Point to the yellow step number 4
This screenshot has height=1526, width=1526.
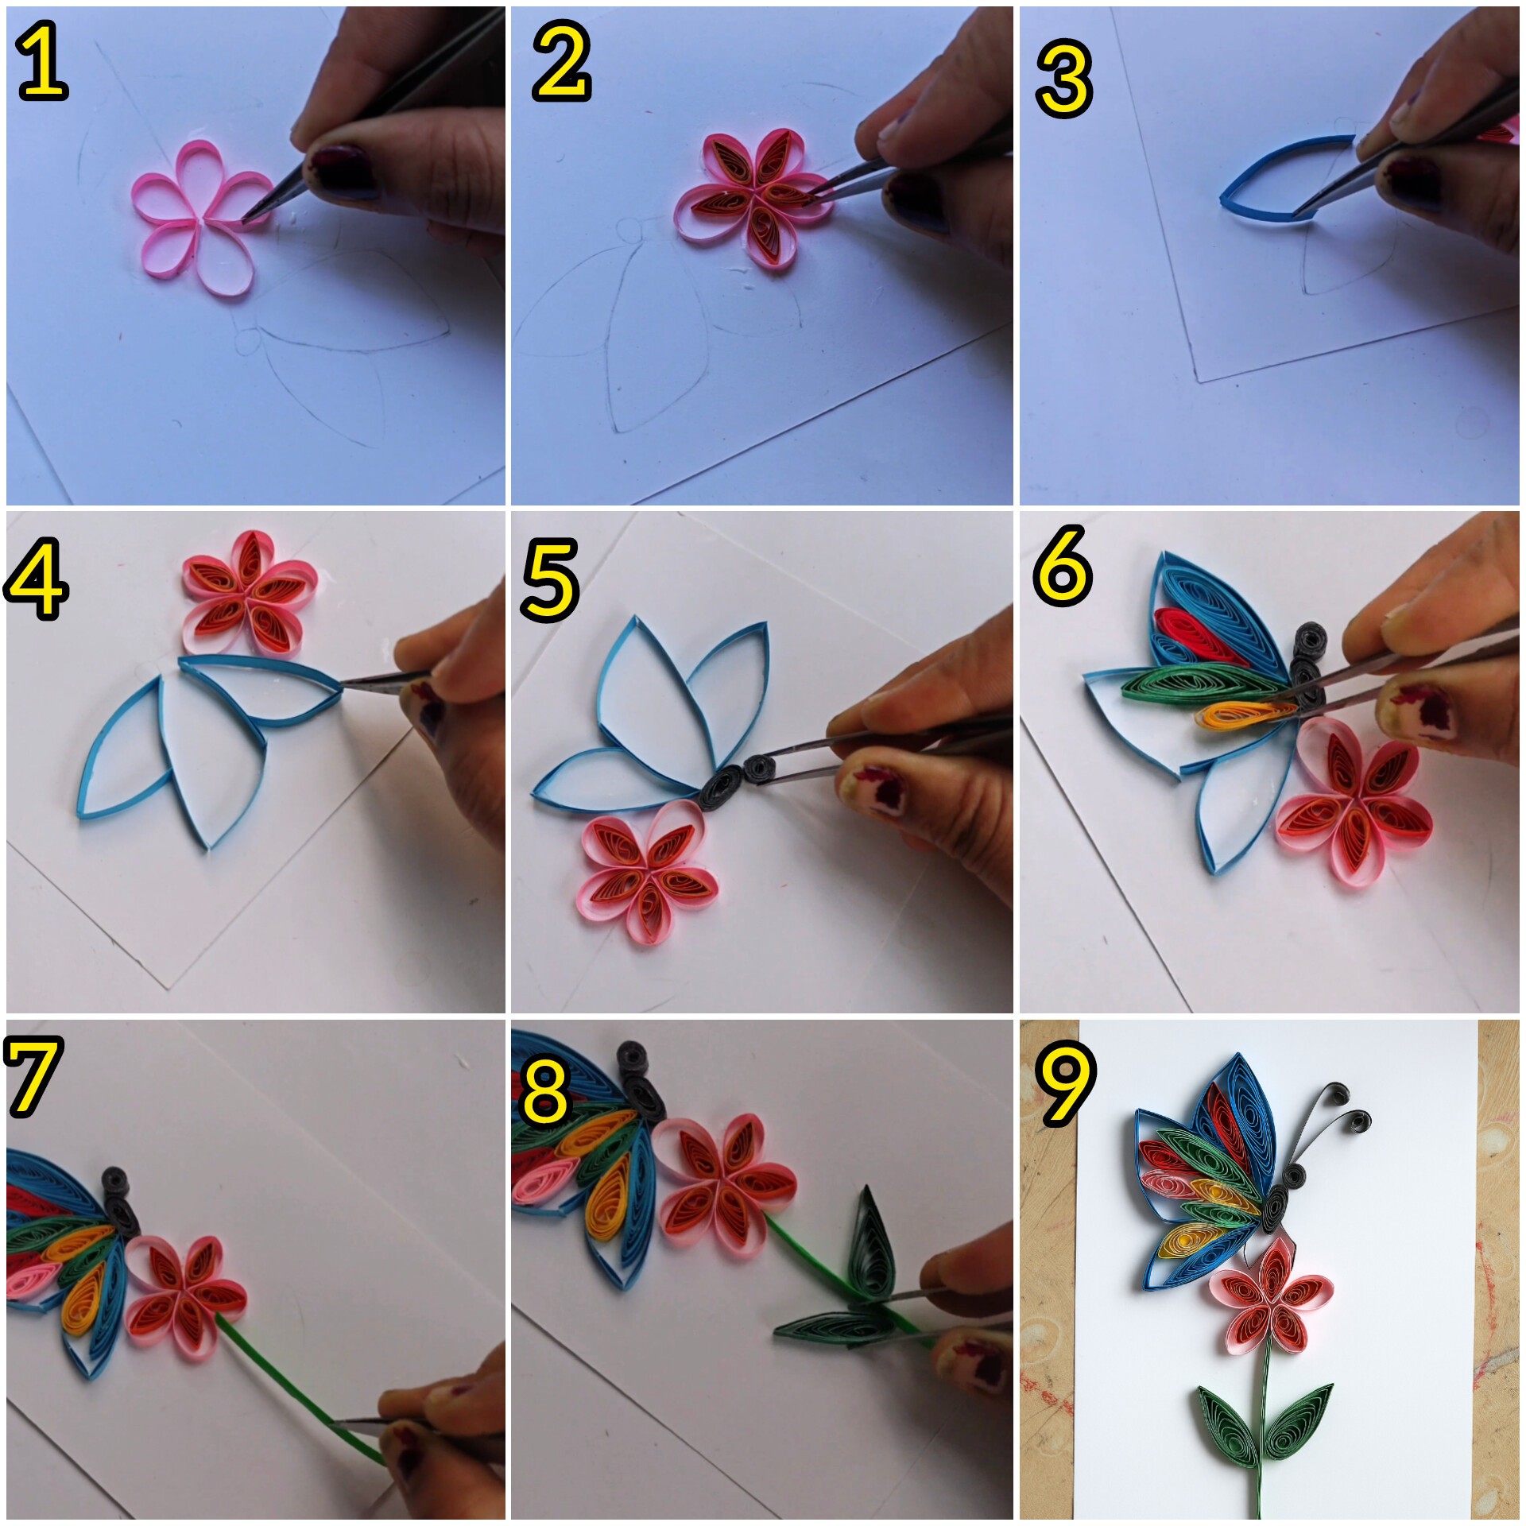pyautogui.click(x=36, y=578)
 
